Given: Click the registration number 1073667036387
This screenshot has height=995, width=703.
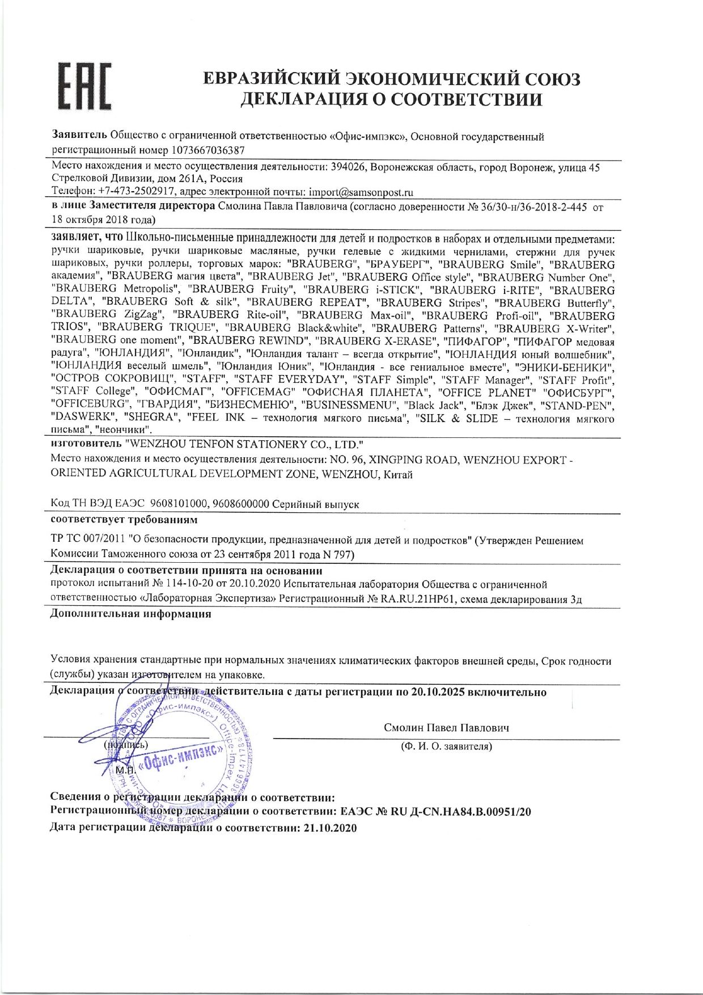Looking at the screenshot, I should click(x=210, y=151).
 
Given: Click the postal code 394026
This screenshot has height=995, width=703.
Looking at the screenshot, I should click(x=351, y=167).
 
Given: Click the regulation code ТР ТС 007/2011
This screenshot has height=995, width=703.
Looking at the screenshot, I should click(x=87, y=540).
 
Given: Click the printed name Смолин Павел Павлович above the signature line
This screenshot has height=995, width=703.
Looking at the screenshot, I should click(x=446, y=728).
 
